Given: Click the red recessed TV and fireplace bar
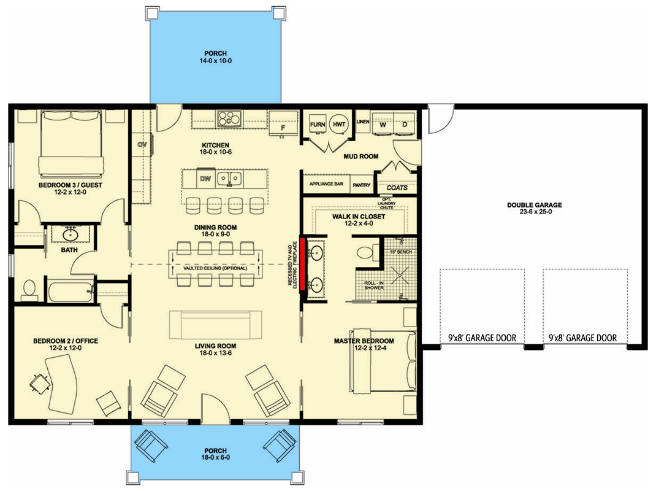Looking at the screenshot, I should [x=302, y=265].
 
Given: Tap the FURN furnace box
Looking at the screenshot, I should [x=317, y=125].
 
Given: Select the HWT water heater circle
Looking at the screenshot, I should [x=339, y=124].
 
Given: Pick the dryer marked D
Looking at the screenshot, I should [x=405, y=125].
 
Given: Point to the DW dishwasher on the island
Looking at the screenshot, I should [x=205, y=179].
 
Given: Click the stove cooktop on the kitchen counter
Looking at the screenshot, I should [x=228, y=118].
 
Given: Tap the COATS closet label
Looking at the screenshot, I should [x=397, y=187].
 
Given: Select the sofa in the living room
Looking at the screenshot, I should [x=215, y=325].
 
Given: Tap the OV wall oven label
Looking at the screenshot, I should [x=142, y=145].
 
